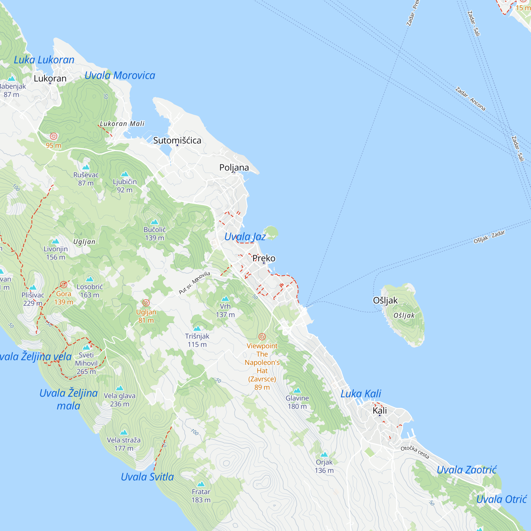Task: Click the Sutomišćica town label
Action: pos(177,140)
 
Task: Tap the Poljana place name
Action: pos(234,167)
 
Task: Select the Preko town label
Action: pos(264,258)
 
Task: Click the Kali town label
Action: pos(380,410)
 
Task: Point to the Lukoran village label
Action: pos(50,78)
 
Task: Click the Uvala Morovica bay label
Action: pos(120,75)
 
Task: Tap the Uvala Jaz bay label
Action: pos(245,237)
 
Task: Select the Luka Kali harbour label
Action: pos(361,393)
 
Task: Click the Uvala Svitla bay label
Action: pos(147,477)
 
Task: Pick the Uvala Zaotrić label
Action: pos(466,470)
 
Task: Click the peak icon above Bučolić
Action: pos(155,222)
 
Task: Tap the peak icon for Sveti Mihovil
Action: pos(86,347)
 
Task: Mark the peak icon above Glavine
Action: pos(297,391)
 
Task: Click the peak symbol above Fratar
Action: pos(201,484)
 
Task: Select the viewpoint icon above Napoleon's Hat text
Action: pos(262,337)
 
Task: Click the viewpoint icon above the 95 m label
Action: pos(54,136)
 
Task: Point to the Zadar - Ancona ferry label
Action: pos(470,99)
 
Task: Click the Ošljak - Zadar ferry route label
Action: pos(489,237)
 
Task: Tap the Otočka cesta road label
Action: pos(415,452)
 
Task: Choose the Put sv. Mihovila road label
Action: pos(194,282)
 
